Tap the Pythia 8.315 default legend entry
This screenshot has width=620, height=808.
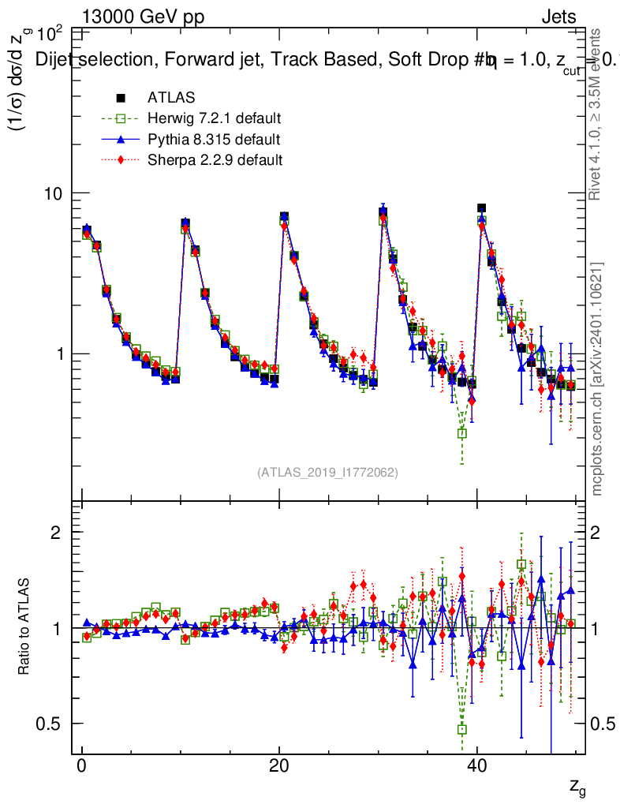pyautogui.click(x=214, y=140)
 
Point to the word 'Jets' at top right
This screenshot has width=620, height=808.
pyautogui.click(x=558, y=17)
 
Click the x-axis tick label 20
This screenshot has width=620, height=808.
pyautogui.click(x=278, y=768)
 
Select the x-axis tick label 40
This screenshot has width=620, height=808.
pyautogui.click(x=476, y=768)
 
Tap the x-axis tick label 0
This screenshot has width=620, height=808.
pyautogui.click(x=81, y=768)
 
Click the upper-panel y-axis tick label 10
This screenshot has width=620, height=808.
pyautogui.click(x=56, y=194)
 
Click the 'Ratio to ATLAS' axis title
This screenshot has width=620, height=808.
pyautogui.click(x=24, y=628)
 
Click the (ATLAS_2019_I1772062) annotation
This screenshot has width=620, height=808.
pyautogui.click(x=327, y=473)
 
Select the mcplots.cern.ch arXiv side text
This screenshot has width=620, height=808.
pyautogui.click(x=598, y=379)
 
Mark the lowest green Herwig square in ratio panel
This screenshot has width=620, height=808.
pyautogui.click(x=462, y=730)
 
